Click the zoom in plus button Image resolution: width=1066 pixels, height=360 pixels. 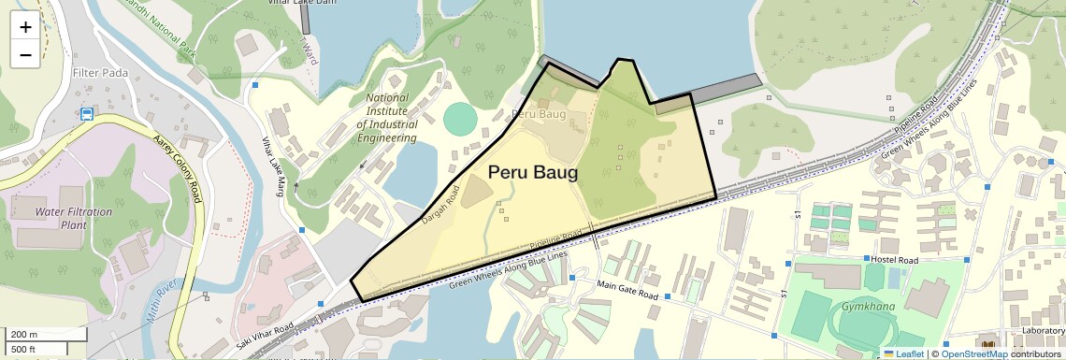[25, 27]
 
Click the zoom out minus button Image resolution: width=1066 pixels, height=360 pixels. [25, 54]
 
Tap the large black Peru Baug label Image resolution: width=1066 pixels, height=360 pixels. [533, 173]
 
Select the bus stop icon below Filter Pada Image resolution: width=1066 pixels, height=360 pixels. [87, 115]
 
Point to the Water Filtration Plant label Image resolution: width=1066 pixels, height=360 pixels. [73, 218]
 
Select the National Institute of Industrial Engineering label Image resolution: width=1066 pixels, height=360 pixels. [386, 117]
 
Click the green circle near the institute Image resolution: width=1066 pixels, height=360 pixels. [459, 119]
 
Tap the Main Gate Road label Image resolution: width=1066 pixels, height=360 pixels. [627, 290]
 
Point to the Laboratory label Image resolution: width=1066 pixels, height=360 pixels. [1043, 330]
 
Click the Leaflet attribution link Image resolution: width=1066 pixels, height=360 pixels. [903, 353]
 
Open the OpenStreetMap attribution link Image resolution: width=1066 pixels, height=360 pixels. [973, 353]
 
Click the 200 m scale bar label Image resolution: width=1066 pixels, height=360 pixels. [23, 335]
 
